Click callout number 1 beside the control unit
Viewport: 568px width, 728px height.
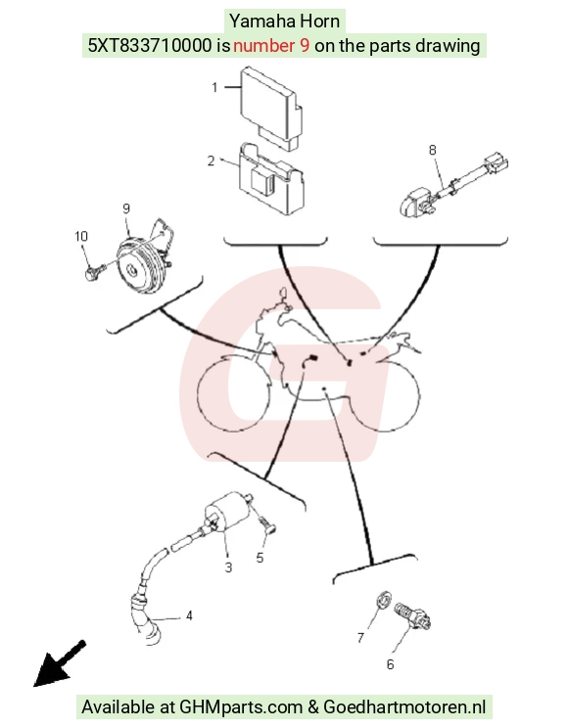214,87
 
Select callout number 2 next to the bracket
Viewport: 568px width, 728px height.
211,160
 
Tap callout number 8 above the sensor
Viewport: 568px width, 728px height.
432,150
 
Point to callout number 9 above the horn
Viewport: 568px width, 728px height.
126,208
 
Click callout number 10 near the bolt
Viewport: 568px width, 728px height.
81,237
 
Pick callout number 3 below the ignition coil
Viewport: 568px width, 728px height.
228,568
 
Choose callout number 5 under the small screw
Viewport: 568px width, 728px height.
260,558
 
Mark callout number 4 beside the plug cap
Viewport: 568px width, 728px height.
189,615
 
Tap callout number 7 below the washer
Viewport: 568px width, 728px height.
360,638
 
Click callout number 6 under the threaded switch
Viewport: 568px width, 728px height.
391,664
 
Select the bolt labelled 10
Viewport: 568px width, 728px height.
93,272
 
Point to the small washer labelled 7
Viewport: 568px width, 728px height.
384,600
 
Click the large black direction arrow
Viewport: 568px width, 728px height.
59,664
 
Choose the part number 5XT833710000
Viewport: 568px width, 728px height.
149,45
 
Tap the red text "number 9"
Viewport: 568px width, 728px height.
271,45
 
